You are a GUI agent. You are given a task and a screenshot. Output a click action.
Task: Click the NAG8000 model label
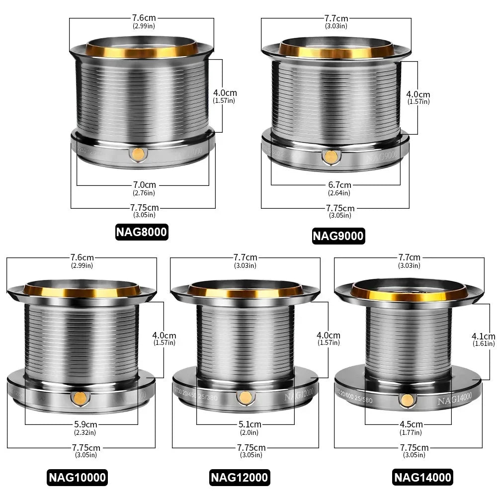tap(142, 232)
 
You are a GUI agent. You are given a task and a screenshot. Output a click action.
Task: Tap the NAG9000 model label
tap(338, 235)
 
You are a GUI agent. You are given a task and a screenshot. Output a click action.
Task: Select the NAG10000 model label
tap(78, 478)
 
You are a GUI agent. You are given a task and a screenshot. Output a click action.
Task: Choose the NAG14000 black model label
tap(423, 478)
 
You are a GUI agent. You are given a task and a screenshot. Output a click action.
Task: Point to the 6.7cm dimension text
tap(339, 185)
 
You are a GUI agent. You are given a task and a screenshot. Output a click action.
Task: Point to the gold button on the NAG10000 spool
tap(79, 397)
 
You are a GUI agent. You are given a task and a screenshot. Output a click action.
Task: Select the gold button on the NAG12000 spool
tap(244, 397)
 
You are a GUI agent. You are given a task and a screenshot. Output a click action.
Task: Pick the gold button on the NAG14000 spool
tap(407, 399)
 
